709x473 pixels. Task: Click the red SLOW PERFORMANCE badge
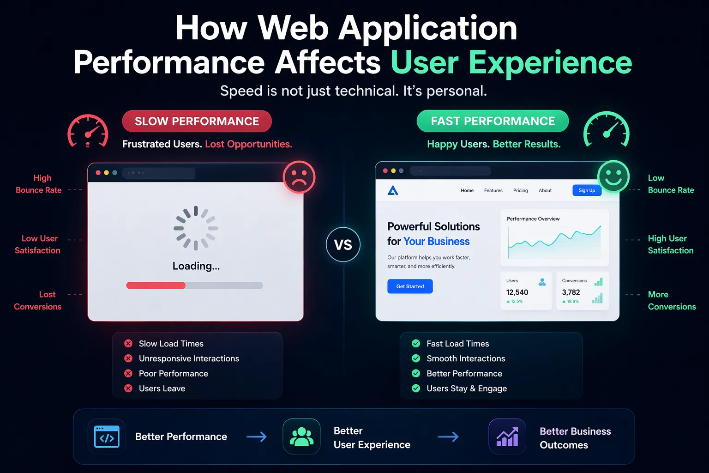tap(197, 121)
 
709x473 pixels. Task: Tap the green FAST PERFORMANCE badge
tap(493, 121)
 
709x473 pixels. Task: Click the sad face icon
tap(299, 177)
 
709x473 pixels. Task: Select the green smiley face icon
tap(613, 176)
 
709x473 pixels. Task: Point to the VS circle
tap(343, 244)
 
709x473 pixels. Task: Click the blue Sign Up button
tap(587, 190)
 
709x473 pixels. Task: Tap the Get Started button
tap(410, 286)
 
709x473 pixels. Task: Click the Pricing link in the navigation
tap(520, 190)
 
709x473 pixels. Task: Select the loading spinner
tap(196, 228)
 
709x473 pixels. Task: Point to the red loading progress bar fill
tap(156, 285)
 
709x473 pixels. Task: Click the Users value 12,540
tap(517, 292)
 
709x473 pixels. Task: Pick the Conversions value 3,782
tap(571, 292)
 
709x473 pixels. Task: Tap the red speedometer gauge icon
tap(88, 132)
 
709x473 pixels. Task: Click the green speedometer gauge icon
tap(607, 130)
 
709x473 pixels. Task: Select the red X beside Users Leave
tap(128, 388)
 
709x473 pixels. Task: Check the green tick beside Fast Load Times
tap(416, 344)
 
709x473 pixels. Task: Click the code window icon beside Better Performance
tap(107, 437)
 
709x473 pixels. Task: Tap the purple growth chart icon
tap(507, 437)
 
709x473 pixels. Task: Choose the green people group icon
tap(301, 437)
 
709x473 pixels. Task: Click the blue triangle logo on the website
tap(393, 190)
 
